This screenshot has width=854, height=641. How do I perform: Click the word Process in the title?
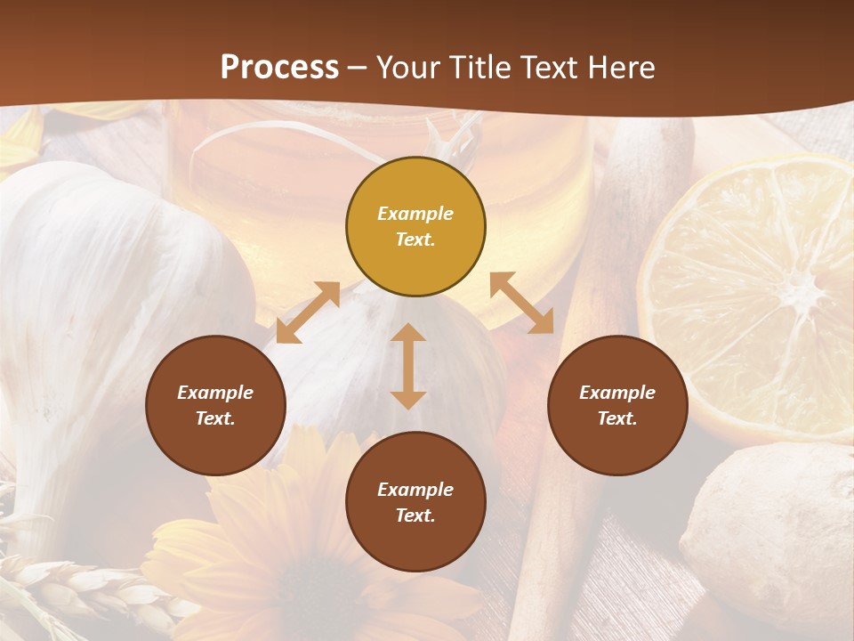[x=279, y=68]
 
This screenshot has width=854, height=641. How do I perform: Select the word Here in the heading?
[x=621, y=68]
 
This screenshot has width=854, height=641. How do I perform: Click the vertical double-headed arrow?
[x=408, y=366]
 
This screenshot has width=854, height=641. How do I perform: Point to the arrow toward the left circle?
[x=308, y=312]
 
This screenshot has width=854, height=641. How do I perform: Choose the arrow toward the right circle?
[x=522, y=303]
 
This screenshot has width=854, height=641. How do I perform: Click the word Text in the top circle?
[x=415, y=239]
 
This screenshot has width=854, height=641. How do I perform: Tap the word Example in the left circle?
[x=215, y=393]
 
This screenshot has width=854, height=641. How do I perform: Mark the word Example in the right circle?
[x=617, y=393]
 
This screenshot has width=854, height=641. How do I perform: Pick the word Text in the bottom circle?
[x=415, y=515]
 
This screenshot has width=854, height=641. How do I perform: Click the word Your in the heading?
[x=407, y=68]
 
